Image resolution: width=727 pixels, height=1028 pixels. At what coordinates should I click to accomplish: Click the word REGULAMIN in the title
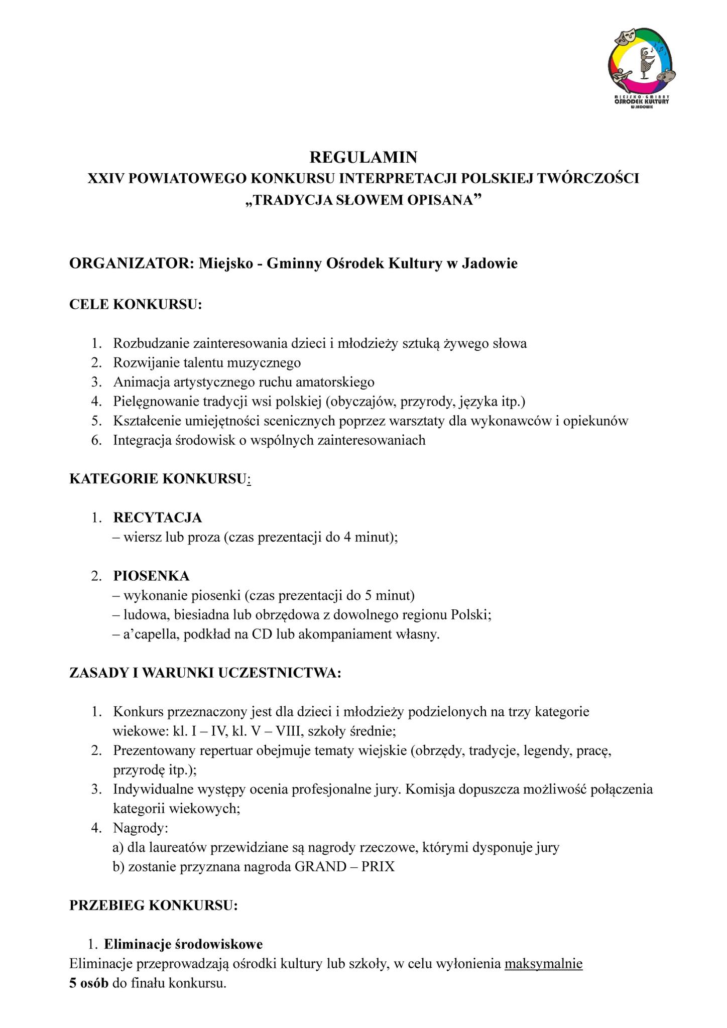[363, 158]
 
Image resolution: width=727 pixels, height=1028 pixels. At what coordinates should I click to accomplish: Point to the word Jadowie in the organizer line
[489, 263]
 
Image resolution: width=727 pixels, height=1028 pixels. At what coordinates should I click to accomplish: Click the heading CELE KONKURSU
[135, 305]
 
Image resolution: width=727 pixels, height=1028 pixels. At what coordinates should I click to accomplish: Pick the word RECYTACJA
[157, 517]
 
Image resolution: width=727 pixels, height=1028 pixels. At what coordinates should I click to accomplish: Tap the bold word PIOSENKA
[151, 576]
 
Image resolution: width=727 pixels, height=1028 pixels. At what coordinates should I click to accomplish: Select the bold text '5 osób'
[89, 983]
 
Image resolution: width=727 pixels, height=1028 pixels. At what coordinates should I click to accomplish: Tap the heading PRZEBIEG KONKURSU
[153, 906]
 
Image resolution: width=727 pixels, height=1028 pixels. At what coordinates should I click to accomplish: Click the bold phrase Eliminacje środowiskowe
[183, 944]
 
